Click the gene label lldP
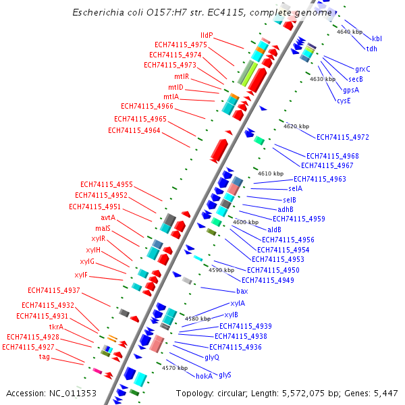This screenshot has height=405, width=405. pyautogui.click(x=207, y=35)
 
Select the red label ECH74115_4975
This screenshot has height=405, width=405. pyautogui.click(x=180, y=45)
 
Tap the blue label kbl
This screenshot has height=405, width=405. pyautogui.click(x=377, y=39)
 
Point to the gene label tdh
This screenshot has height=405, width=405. pyautogui.click(x=372, y=49)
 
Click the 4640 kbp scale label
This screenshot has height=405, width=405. pyautogui.click(x=349, y=32)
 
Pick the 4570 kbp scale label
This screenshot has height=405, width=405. pyautogui.click(x=175, y=369)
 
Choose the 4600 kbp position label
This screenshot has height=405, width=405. pyautogui.click(x=246, y=222)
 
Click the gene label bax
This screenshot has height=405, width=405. pyautogui.click(x=242, y=291)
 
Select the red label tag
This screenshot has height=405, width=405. pyautogui.click(x=44, y=356)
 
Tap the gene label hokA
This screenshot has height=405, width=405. pyautogui.click(x=204, y=376)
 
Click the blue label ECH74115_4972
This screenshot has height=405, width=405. pyautogui.click(x=343, y=137)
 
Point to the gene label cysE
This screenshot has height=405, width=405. pyautogui.click(x=344, y=101)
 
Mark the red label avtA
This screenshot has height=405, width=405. pyautogui.click(x=108, y=217)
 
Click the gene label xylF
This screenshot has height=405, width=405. pyautogui.click(x=81, y=275)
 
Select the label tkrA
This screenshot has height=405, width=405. pyautogui.click(x=56, y=327)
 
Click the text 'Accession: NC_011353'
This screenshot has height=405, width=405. pyautogui.click(x=51, y=393)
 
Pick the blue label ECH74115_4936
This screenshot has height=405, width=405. pyautogui.click(x=236, y=347)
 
